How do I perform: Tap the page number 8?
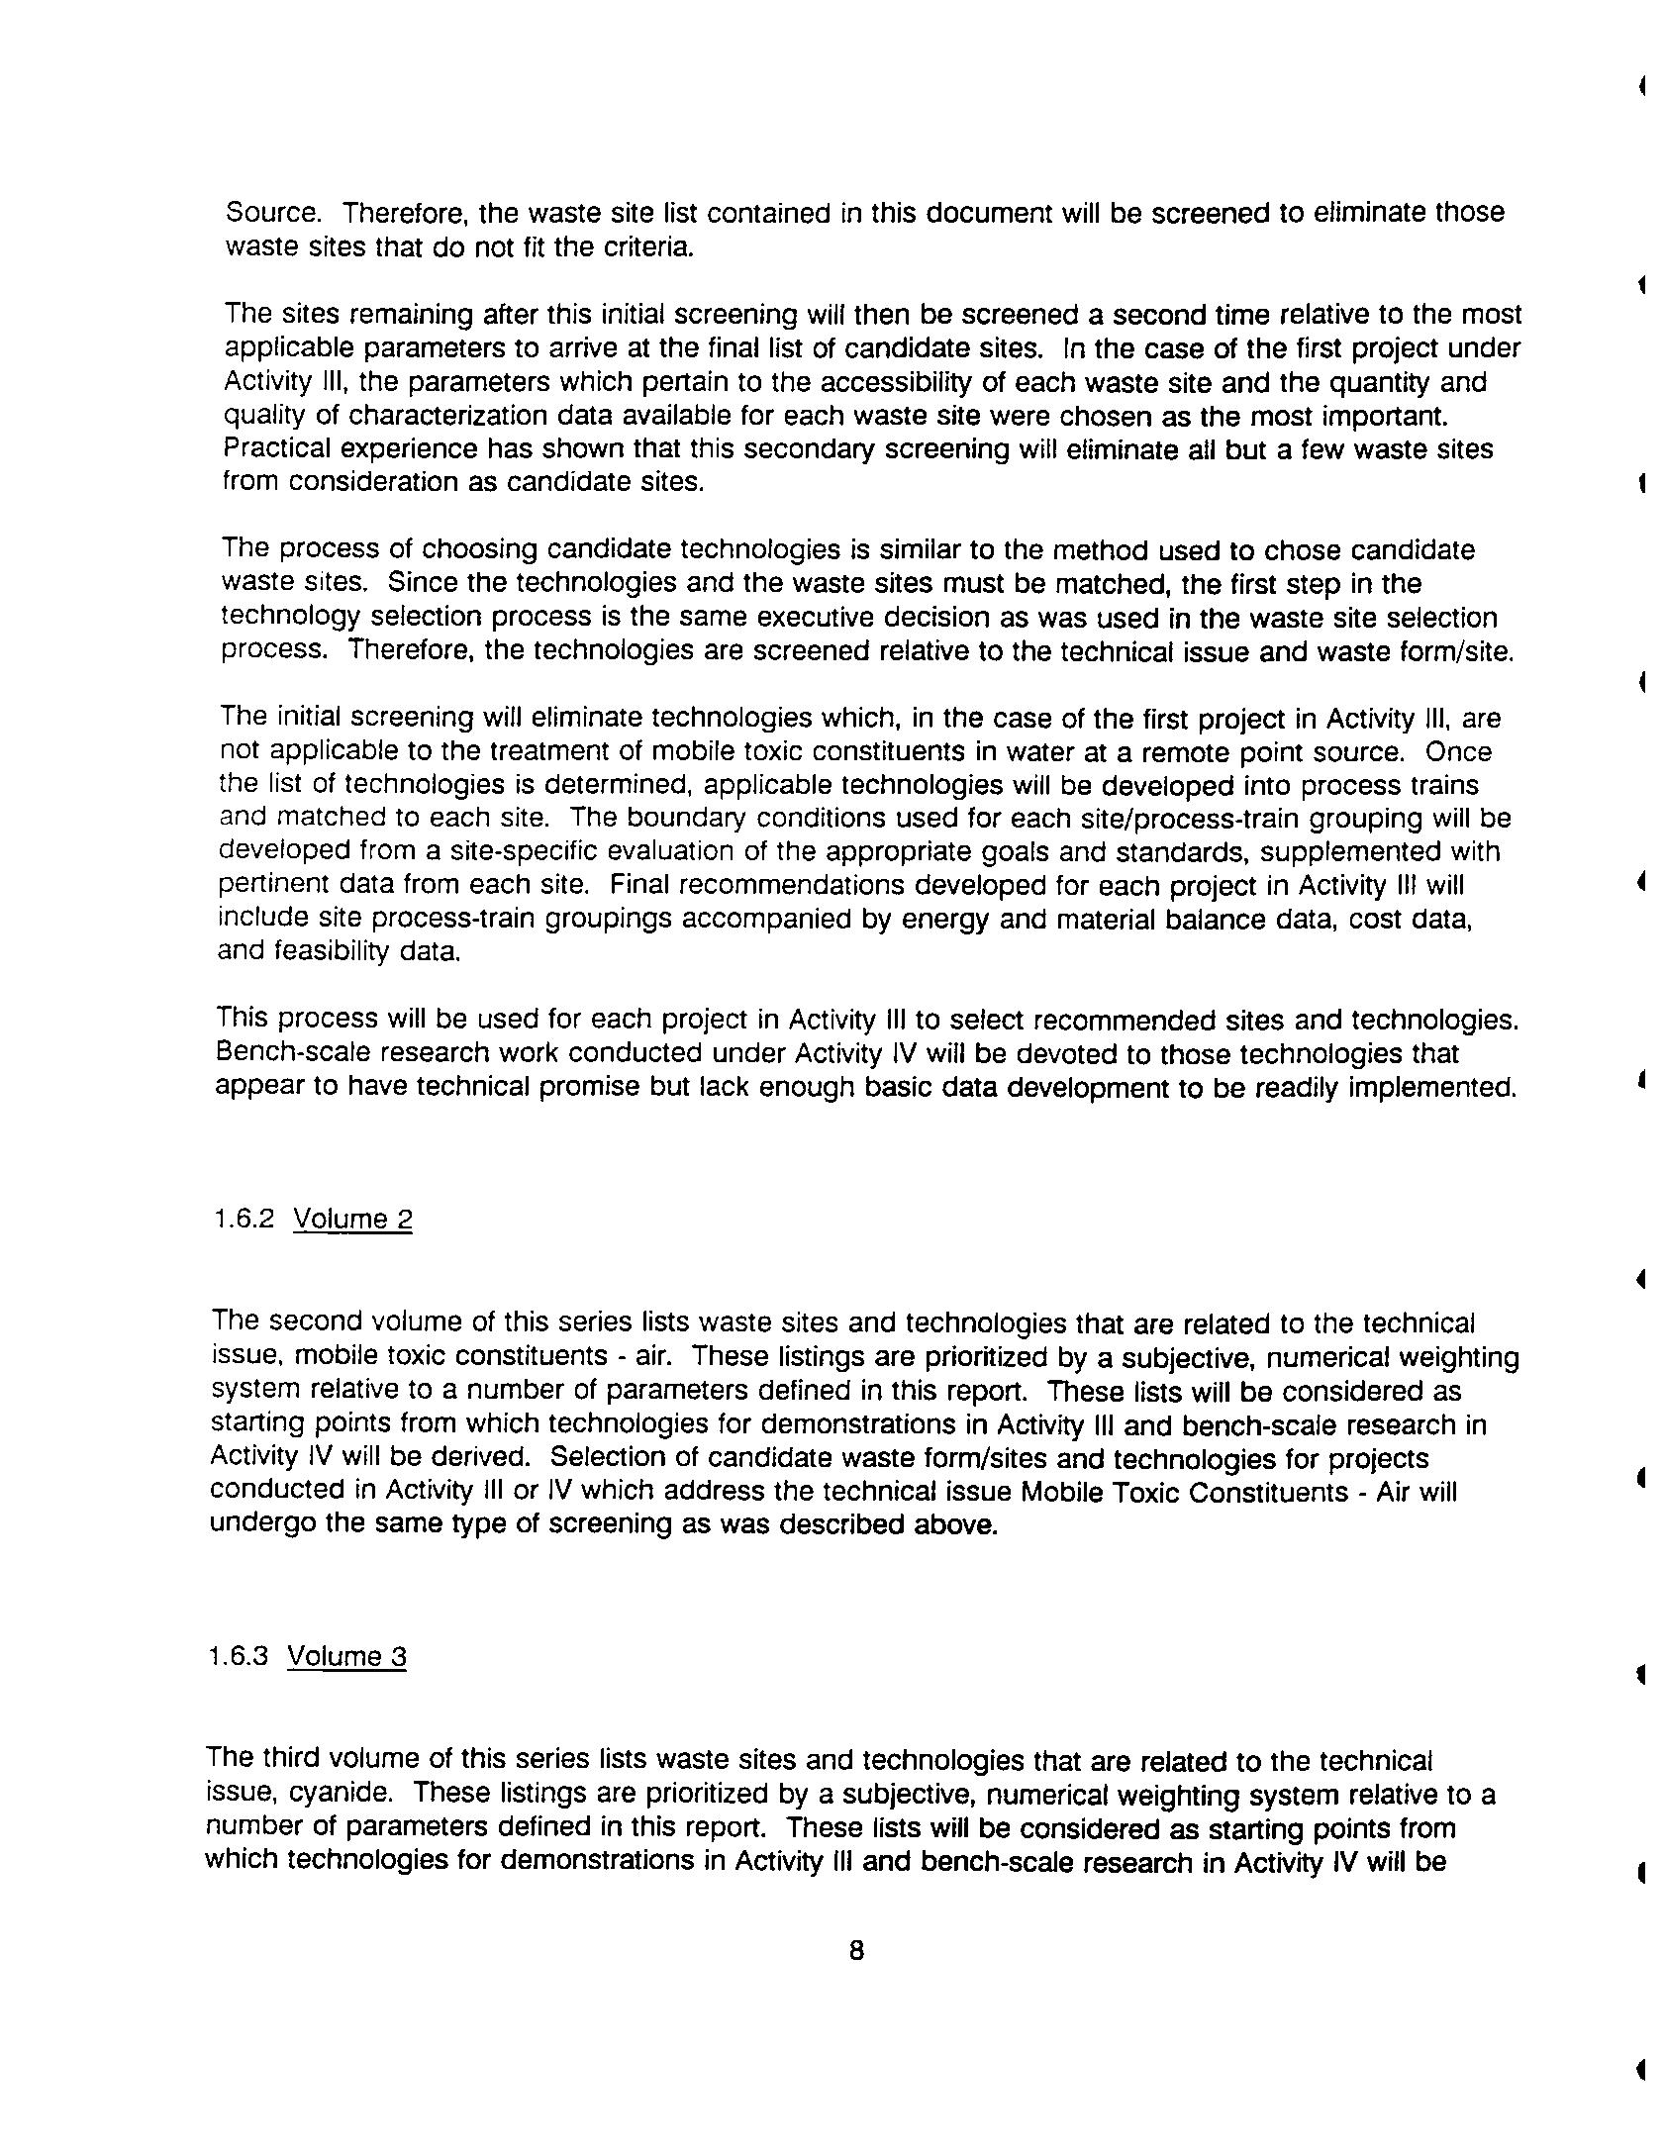click(856, 1950)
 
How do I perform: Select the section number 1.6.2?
click(244, 1218)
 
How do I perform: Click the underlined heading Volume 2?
click(352, 1219)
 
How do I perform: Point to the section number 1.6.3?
click(239, 1656)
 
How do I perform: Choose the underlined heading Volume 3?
click(346, 1657)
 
